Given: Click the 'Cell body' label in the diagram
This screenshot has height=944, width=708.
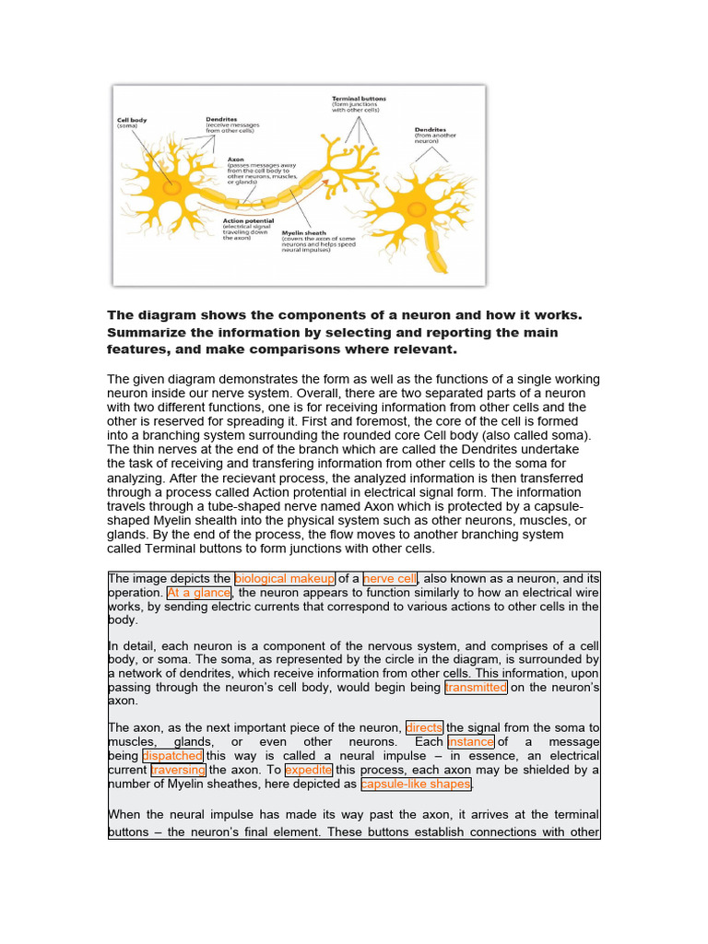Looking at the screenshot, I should pos(132,120).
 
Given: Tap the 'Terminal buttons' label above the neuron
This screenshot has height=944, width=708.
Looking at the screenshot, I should pos(359,98).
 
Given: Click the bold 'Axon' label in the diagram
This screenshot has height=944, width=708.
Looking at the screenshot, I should pos(235,159).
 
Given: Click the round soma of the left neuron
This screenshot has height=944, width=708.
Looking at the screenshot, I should pos(172,187).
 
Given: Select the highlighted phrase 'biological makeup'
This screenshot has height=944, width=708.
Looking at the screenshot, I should pos(285,578).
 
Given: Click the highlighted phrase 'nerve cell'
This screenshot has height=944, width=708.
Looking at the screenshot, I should pos(391,578).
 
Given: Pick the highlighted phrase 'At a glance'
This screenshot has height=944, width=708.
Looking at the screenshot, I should pos(198,593).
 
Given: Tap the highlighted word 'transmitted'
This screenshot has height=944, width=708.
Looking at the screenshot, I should pos(475,687).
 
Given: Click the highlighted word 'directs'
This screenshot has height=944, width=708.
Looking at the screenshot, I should pos(424,727).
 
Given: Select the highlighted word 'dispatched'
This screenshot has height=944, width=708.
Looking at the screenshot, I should pos(172,756).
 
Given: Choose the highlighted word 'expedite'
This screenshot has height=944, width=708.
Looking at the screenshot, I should pos(308,770).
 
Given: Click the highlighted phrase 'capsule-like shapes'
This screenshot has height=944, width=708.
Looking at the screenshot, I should pos(416,785).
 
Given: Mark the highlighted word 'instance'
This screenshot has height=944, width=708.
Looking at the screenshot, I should pos(471,742).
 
